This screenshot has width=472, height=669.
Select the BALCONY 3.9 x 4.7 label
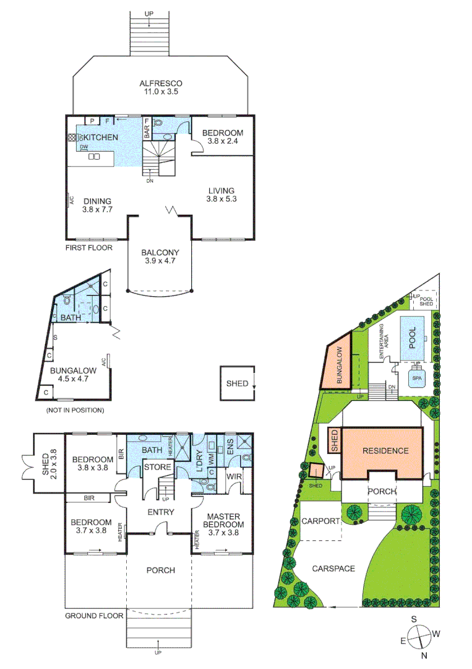(x=160, y=257)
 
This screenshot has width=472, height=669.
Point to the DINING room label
(x=98, y=205)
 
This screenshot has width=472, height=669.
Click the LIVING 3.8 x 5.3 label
(x=222, y=195)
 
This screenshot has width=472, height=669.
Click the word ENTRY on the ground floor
(x=160, y=512)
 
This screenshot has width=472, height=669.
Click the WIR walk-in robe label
(x=234, y=476)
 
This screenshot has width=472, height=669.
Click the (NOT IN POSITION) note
(x=74, y=410)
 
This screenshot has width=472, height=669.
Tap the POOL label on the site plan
(x=413, y=335)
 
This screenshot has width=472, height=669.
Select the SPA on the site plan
(x=417, y=377)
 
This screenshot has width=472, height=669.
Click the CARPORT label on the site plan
(x=321, y=521)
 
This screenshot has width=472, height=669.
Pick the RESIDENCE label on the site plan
(x=385, y=450)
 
